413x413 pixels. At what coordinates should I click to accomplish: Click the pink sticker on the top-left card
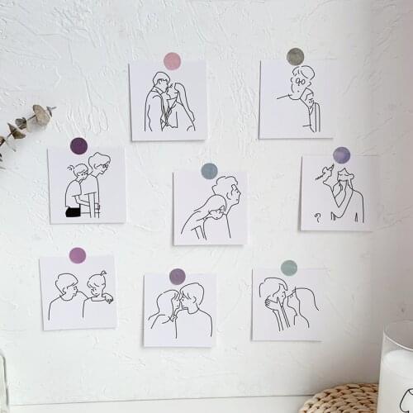coord(172,60)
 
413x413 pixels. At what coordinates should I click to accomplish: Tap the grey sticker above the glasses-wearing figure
coord(295,56)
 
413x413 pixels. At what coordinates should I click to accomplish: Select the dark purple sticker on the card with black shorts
coord(78,146)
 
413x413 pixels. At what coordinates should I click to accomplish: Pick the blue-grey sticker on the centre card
coord(209,171)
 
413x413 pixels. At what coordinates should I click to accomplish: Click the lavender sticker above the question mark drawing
coord(341,155)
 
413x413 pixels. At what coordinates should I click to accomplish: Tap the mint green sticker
coord(288,268)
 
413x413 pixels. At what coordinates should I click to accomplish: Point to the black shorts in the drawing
coord(74,211)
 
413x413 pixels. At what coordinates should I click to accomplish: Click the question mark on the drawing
coord(317,216)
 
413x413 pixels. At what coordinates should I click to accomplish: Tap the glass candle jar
coord(396,368)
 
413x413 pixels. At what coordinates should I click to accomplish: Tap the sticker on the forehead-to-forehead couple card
coord(177,277)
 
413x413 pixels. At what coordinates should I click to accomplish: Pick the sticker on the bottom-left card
coord(78,255)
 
